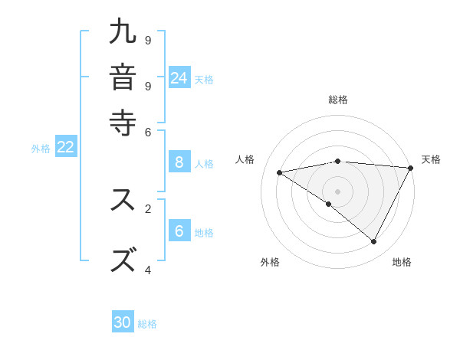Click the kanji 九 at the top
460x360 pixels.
point(123,32)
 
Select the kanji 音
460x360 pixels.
point(123,77)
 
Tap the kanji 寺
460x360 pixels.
point(123,122)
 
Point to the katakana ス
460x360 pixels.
point(123,200)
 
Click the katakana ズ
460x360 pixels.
point(123,259)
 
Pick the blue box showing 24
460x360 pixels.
point(179,77)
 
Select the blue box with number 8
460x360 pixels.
point(179,162)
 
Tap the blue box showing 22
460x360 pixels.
point(66,147)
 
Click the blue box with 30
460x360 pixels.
point(123,322)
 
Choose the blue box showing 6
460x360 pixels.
point(179,231)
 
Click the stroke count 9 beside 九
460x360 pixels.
point(148,40)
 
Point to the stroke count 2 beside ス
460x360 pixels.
point(148,208)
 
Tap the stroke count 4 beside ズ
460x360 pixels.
point(148,270)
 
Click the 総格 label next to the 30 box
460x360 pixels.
point(148,324)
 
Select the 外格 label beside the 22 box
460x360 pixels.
point(41,149)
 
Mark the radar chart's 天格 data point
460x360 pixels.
point(411,168)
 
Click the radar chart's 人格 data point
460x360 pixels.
point(280,172)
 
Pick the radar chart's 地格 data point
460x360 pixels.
point(374,242)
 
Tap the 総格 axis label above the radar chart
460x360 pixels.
point(338,100)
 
